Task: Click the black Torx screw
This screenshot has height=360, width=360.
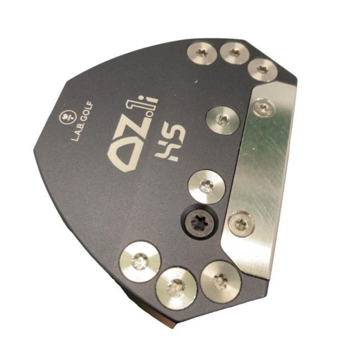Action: [199, 222]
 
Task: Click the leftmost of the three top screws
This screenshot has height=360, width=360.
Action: [202, 52]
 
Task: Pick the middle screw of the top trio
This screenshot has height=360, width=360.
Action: [235, 52]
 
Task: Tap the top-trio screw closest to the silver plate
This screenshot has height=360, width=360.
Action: [263, 70]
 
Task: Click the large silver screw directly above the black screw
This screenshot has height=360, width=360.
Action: [206, 187]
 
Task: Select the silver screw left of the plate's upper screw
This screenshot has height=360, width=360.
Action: [223, 120]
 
